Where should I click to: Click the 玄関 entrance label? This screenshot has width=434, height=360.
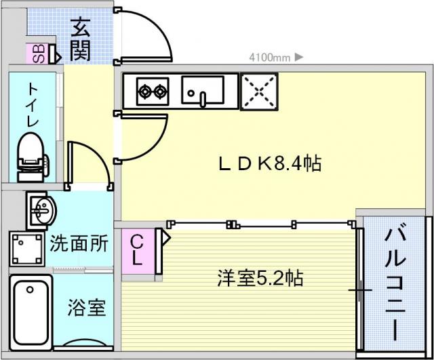click(80, 40)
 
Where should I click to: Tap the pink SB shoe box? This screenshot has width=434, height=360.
click(38, 54)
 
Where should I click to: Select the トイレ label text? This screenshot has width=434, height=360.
click(32, 104)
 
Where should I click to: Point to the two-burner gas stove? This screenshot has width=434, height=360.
click(153, 90)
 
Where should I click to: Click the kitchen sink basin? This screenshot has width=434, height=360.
click(203, 90)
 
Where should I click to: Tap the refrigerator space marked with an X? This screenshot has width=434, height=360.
click(258, 89)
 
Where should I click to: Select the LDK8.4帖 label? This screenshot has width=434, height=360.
click(269, 163)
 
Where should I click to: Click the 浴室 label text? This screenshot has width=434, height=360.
click(86, 308)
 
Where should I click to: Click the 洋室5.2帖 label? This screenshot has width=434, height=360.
click(260, 278)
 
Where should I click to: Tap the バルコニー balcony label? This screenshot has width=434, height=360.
click(396, 284)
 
